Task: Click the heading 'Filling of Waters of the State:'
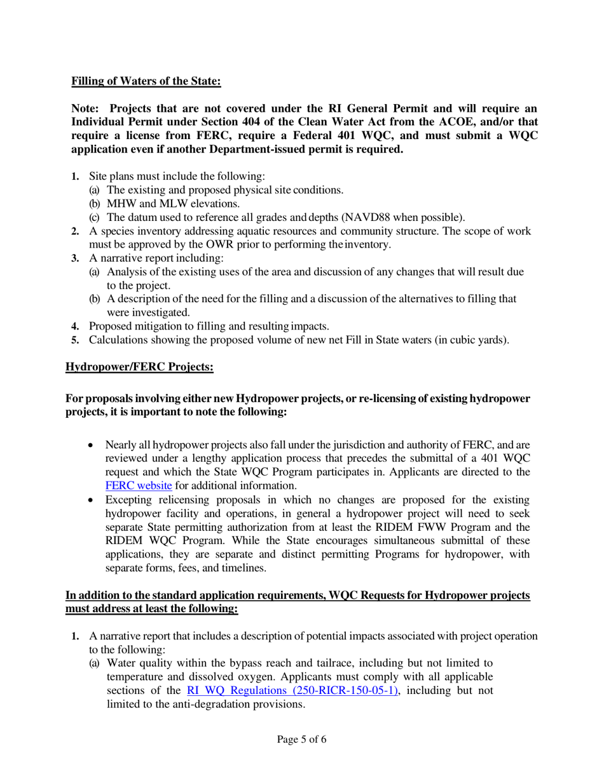(146, 81)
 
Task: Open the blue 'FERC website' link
(138, 486)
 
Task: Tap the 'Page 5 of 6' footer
(302, 739)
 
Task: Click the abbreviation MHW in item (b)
(121, 204)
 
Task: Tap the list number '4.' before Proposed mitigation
(75, 326)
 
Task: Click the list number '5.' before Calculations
(75, 340)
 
